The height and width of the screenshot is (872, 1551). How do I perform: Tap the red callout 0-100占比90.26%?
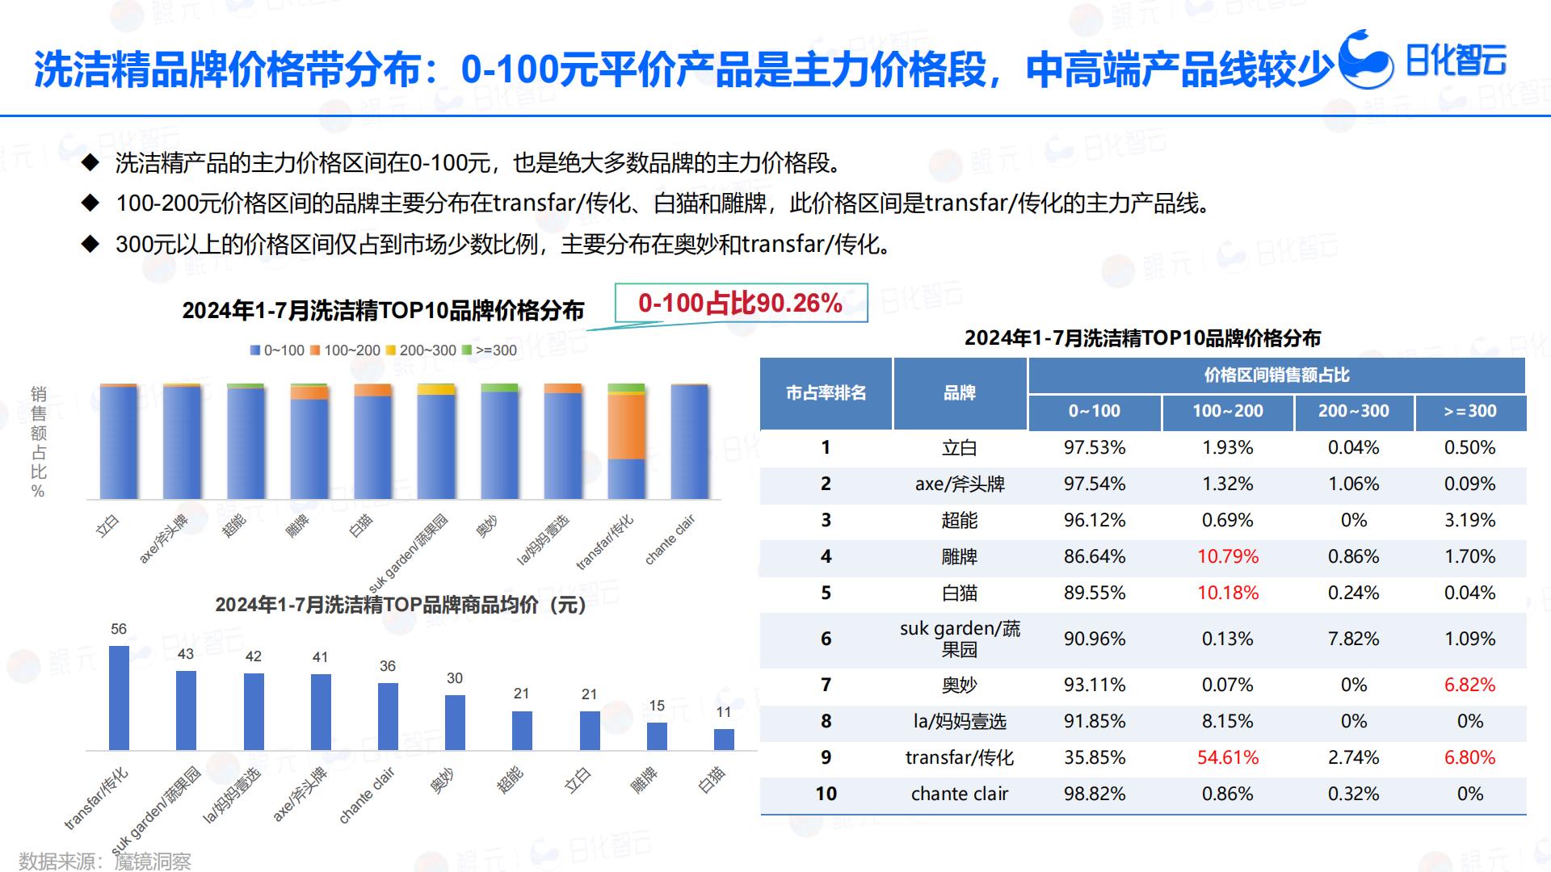[740, 303]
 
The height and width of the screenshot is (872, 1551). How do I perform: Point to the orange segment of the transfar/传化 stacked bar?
[626, 426]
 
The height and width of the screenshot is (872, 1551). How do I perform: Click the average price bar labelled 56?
[119, 698]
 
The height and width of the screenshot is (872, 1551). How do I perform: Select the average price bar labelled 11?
[724, 740]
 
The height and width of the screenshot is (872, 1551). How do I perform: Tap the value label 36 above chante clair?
[388, 666]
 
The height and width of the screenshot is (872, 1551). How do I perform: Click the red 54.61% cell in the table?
[1227, 757]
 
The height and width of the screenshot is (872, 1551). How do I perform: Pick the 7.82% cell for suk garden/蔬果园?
[1353, 639]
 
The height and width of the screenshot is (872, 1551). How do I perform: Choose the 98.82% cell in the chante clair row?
[1094, 794]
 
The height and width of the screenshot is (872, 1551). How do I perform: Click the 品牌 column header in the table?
[960, 393]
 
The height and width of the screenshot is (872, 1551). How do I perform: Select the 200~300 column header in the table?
[1353, 411]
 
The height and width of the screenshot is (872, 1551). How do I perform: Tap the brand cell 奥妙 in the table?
[960, 685]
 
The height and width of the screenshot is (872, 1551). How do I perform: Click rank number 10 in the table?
[826, 794]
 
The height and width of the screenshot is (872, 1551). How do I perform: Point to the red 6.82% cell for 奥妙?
[1469, 685]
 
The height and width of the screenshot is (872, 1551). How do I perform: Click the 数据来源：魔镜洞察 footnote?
[105, 861]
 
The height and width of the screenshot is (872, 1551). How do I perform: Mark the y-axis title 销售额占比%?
[38, 442]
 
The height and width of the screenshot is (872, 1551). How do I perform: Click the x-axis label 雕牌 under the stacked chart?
[297, 526]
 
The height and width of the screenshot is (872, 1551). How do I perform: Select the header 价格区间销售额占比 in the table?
[1276, 375]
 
